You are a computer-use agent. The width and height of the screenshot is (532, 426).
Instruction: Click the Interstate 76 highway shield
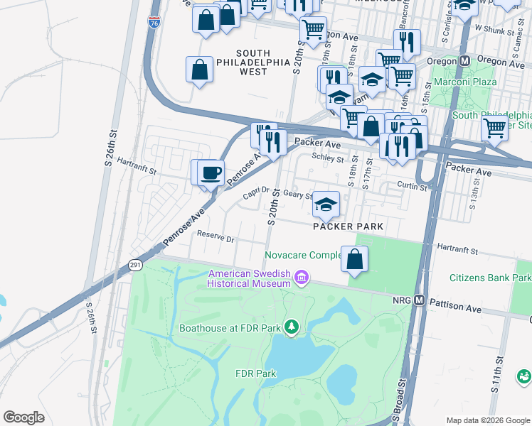[155, 23]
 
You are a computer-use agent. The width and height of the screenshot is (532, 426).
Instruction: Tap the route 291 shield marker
[134, 264]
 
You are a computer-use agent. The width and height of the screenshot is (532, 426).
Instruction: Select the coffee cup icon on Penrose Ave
[210, 173]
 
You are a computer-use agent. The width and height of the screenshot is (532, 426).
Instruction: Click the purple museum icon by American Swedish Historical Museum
[302, 277]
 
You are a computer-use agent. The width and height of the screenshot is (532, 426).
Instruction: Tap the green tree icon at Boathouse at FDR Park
[290, 327]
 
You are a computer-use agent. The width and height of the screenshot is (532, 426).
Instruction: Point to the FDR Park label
[255, 373]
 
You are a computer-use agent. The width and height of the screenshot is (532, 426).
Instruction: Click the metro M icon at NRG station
[420, 300]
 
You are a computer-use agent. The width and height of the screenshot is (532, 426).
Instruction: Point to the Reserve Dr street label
[216, 239]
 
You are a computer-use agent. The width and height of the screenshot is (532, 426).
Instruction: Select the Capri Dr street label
[255, 190]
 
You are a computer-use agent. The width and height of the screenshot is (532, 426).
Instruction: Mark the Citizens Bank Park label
[490, 278]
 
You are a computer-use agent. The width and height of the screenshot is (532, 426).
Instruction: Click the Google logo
[23, 417]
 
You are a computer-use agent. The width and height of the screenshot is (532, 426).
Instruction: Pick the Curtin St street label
[413, 187]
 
